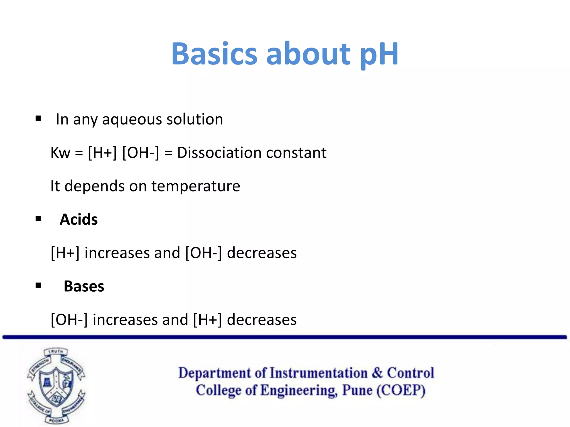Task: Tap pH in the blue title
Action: coord(379,54)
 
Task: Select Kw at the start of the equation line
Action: coord(60,153)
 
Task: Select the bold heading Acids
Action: coord(79,219)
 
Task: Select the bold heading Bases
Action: coord(84,286)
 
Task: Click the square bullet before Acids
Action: coord(38,219)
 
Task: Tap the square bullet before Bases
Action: coord(38,286)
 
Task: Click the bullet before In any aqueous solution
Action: coord(38,119)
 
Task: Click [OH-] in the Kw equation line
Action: coord(141,153)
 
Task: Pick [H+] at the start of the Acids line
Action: coord(65,253)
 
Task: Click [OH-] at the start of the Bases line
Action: coord(69,320)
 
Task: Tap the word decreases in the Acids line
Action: coord(262,253)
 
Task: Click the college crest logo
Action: coord(56,386)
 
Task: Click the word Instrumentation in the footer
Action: coord(318,373)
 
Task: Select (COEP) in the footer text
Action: coord(401,390)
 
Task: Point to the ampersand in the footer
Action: coord(377,373)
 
